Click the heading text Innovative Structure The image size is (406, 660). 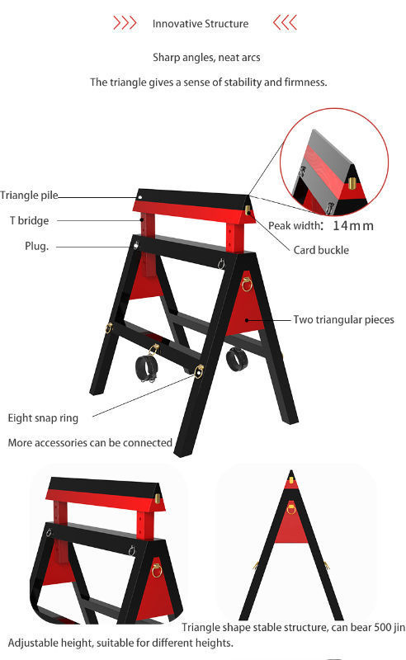point(201,24)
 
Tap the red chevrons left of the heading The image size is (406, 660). point(125,22)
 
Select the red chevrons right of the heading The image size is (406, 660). point(286,22)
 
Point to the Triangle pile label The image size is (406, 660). point(29,196)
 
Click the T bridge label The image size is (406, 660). point(30,220)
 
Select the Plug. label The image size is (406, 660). point(36,246)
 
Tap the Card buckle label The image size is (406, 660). point(321,250)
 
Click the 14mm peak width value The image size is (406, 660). point(353,225)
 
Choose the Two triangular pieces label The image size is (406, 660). point(343,319)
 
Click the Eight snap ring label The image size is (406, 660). point(43,418)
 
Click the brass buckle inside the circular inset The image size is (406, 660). point(352,182)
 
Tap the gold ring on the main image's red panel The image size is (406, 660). point(247,284)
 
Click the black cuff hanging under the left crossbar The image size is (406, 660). point(146,368)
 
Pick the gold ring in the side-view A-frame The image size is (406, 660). point(291,508)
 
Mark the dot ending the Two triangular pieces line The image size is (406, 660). point(248,320)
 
